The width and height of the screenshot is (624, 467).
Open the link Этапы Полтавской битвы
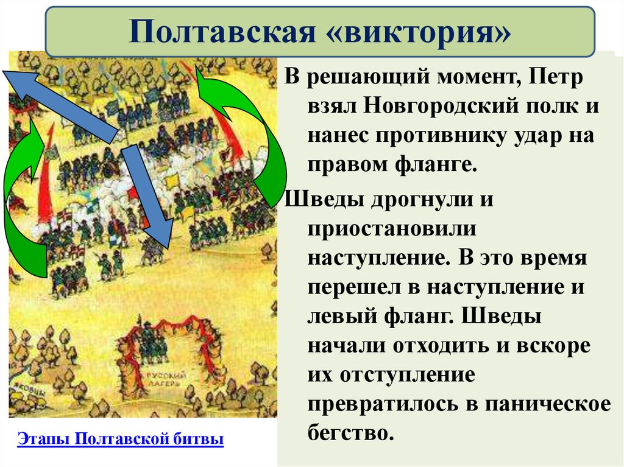121,440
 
